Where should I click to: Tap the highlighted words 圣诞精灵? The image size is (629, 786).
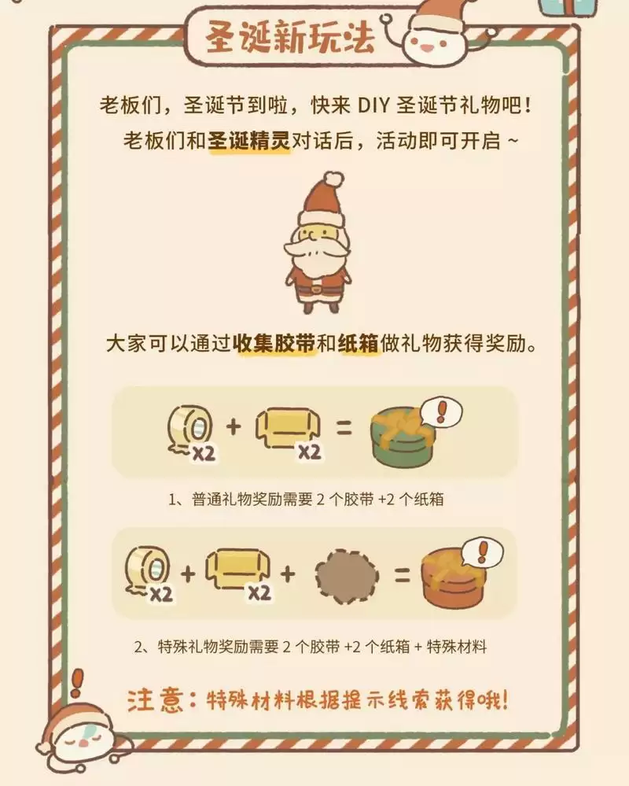pyautogui.click(x=249, y=141)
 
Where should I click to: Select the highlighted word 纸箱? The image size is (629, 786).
pyautogui.click(x=359, y=345)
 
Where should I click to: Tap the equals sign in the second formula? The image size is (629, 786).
pyautogui.click(x=401, y=574)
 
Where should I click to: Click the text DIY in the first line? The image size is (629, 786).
pyautogui.click(x=373, y=105)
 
